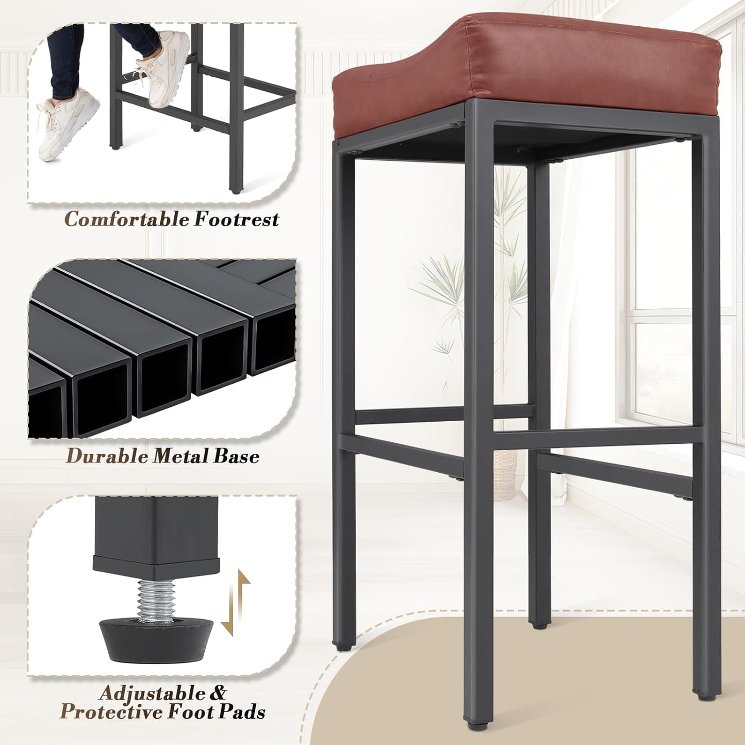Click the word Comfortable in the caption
point(126,220)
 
